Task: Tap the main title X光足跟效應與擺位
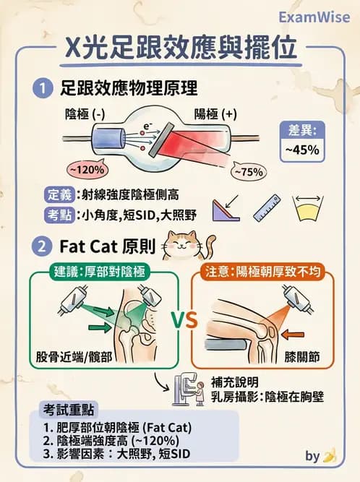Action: tap(179, 49)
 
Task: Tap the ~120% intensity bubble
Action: tap(86, 169)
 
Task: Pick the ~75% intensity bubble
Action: tap(247, 172)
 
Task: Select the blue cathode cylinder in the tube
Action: tap(93, 138)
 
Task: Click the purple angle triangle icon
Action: tap(228, 208)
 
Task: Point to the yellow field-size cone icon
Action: tap(313, 207)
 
